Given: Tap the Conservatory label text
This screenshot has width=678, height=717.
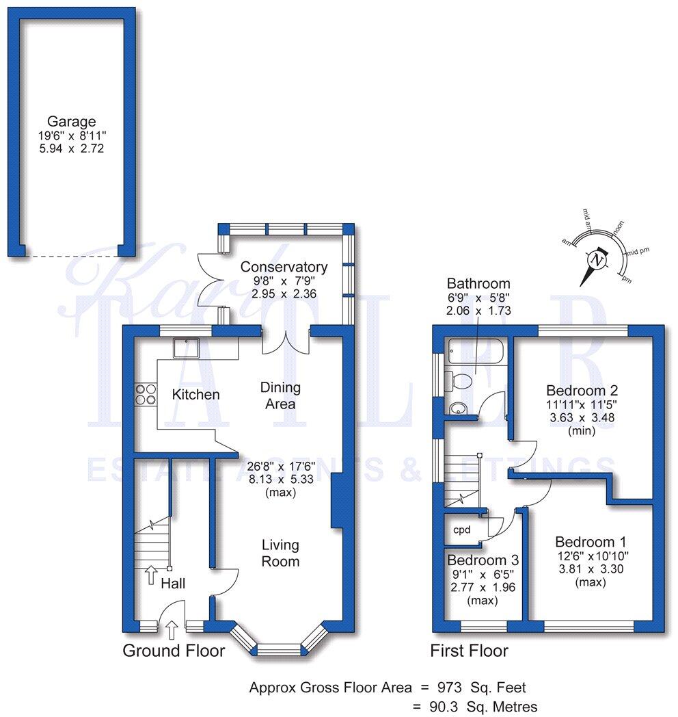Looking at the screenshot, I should coord(284,267).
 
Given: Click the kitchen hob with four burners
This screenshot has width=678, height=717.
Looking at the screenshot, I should coord(146,393).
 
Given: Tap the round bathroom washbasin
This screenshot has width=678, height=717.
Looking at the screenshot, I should coord(457,408).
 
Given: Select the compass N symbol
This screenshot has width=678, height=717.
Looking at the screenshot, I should coord(597,261).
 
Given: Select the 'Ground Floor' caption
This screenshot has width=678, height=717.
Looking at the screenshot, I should coord(174,651).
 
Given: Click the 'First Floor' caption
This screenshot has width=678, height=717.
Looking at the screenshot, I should coord(469,651).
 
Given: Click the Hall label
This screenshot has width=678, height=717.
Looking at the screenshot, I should coord(173,584).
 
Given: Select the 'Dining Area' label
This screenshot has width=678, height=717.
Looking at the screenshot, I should coord(280,395).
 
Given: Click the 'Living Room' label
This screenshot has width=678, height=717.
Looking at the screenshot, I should coord(281,553).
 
